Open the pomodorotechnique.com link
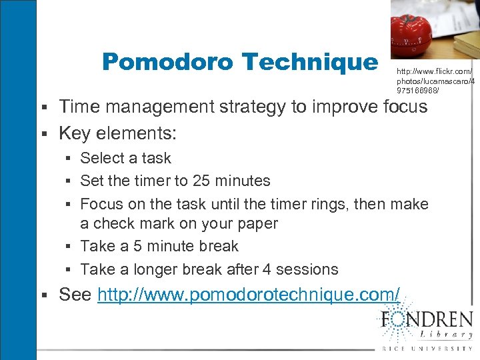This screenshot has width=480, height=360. coord(249,295)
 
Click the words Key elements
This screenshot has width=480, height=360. coord(117,133)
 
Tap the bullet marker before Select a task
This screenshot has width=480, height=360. coord(70,159)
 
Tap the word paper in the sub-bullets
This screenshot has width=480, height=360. coord(257,223)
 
